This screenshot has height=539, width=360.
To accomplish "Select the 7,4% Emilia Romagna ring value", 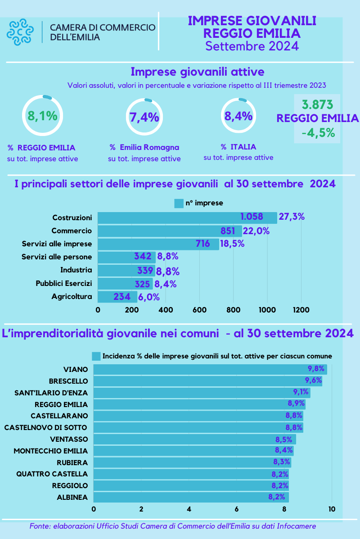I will pos(144,118).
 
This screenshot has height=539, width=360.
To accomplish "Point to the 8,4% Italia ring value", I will pos(238,116).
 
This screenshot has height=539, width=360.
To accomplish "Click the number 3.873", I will pos(318,105).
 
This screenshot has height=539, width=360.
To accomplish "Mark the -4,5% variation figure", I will pos(318,134).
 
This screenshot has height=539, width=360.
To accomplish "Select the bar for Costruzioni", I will pos(187,218).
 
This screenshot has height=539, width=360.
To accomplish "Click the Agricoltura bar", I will pos(117,296).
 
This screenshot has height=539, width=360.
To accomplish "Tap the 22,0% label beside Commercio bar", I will pos(256,231).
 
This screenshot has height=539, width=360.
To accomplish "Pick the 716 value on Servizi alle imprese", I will pos(203,244).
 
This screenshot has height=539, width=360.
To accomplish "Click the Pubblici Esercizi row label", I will pos(64,283).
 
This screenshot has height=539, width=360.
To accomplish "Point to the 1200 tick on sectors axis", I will pos(301,310).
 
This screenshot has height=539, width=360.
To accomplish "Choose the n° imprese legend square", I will pos(179,204).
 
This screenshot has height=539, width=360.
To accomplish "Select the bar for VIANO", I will pos(210,370).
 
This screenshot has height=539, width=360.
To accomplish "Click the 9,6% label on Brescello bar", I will pos(313,380).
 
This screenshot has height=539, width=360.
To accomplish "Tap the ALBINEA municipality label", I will pos(72,497).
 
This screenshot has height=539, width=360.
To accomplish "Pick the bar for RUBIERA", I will pos(192,462).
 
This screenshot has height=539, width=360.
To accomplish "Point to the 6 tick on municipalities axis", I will pos(237,509).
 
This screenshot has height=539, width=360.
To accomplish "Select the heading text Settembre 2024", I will pos(252,45).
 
